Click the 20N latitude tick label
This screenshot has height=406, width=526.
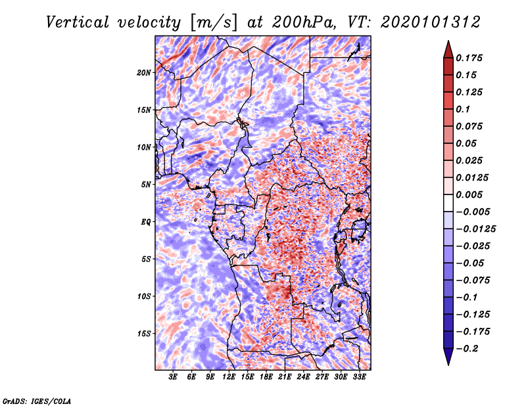[x=144, y=73]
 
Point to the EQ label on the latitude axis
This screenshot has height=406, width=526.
[x=146, y=222]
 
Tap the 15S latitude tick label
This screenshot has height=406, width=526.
[x=144, y=334]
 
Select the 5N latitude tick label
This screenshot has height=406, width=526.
[x=146, y=185]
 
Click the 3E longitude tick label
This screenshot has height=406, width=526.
[x=173, y=377]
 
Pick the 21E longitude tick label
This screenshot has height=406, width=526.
[x=285, y=377]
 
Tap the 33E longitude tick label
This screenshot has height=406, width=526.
[x=359, y=377]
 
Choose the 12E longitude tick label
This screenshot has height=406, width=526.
[x=229, y=377]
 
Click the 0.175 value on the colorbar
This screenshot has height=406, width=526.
[x=469, y=58]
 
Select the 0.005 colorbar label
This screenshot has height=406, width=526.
[x=469, y=194]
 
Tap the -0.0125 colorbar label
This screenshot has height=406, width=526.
[x=475, y=229]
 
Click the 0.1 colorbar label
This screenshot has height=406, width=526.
[x=463, y=109]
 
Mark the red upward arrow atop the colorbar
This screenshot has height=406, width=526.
[x=448, y=49]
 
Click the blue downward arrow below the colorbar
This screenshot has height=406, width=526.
[x=448, y=357]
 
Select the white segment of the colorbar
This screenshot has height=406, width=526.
[x=448, y=203]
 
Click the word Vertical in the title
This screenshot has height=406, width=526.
[x=78, y=22]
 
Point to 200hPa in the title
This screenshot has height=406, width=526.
[x=304, y=22]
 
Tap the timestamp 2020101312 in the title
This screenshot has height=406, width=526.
[x=431, y=22]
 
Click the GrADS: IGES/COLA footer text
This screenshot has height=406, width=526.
[x=37, y=401]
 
